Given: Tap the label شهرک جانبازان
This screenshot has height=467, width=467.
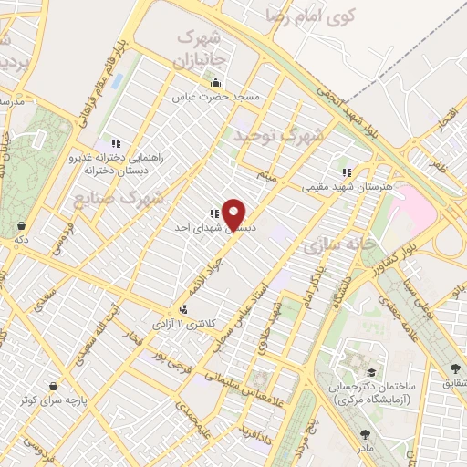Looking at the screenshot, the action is tap(198, 50).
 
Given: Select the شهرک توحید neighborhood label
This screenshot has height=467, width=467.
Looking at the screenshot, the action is tap(278, 135).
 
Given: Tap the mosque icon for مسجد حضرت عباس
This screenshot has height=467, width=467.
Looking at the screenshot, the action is tap(214, 82).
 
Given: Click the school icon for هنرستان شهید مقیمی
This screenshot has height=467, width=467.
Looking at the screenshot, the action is tap(346, 171).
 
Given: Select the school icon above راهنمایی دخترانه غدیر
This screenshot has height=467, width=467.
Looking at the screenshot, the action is tap(116, 143).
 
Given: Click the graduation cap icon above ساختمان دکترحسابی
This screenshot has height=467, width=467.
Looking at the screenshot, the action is tap(371, 373).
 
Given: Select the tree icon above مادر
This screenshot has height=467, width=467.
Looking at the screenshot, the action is tap(365, 434).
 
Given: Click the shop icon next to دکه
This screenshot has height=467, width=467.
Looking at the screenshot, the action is tap(21, 224).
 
